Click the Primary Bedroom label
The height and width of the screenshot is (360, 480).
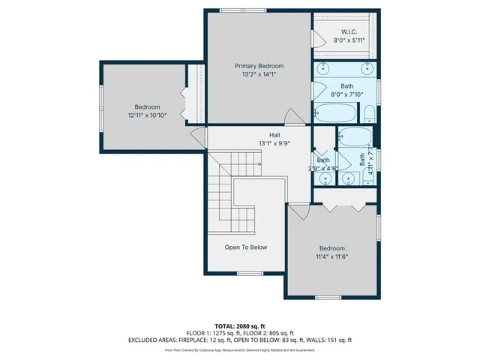point(258,66)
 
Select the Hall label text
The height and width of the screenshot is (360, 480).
point(264,135)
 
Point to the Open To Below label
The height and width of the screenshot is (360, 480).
point(245,247)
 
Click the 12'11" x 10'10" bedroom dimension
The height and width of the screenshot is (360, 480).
point(147,115)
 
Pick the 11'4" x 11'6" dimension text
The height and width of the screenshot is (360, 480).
point(331,256)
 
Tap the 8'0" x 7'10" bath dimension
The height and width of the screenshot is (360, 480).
point(346,94)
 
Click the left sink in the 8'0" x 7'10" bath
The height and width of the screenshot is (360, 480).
point(322,68)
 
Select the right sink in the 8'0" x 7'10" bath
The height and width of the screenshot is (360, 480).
point(367,68)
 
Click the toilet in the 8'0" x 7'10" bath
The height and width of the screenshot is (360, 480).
point(368,115)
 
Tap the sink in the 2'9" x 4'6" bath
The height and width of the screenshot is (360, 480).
point(325,179)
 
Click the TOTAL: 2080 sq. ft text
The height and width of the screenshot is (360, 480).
point(240,326)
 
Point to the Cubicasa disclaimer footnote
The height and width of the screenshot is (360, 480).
point(240,349)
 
